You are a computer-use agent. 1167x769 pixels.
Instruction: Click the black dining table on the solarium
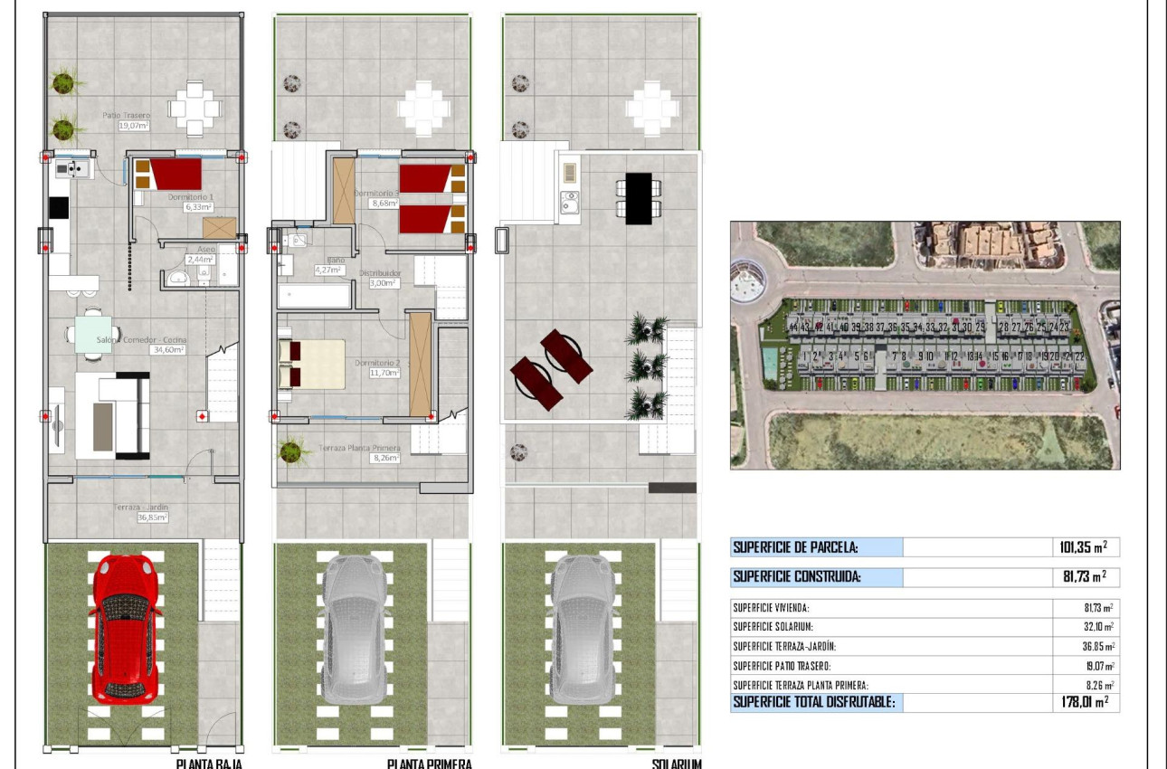(x=639, y=197)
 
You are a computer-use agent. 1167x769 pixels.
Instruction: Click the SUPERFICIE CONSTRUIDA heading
(x=796, y=577)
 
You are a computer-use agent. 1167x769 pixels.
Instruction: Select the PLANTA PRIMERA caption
(x=429, y=764)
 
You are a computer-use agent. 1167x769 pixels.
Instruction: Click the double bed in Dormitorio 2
(x=312, y=365)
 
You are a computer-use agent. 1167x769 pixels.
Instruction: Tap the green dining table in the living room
(x=93, y=328)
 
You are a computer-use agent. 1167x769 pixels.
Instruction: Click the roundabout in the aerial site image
(x=747, y=284)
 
